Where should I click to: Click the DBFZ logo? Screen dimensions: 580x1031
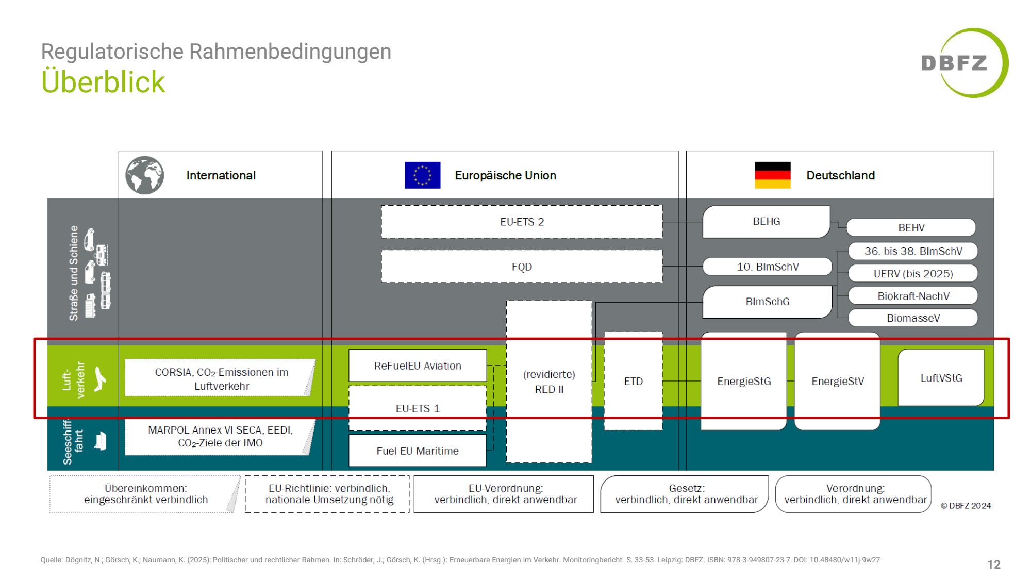coord(963,63)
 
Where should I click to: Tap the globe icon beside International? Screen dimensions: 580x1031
coord(145,175)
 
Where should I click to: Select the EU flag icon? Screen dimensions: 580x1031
coord(422,175)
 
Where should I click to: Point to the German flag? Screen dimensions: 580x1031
coord(772,175)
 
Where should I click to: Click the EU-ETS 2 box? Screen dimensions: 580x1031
coord(522,222)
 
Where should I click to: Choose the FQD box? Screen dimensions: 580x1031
coord(522,267)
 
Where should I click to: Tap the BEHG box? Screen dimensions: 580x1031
coord(766,222)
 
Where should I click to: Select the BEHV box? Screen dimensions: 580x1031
coord(911,227)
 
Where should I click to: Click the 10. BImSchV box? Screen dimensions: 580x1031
coord(767,267)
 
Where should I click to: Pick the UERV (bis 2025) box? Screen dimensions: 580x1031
coord(912,274)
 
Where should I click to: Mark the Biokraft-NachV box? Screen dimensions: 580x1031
coord(912,296)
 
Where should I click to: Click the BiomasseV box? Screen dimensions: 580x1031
coord(912,318)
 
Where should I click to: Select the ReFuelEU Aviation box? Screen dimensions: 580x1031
coord(418,366)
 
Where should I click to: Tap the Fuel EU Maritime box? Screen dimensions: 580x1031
coord(418,451)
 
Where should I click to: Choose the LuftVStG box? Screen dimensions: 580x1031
coord(941,378)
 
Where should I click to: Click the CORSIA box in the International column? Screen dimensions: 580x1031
coord(221,378)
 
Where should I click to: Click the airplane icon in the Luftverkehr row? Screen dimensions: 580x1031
coord(99,379)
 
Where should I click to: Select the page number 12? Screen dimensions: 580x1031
coord(993,565)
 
